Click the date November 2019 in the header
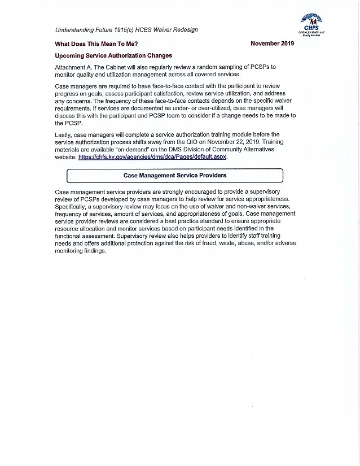272,43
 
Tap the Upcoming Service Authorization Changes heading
113,55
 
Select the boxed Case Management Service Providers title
175,176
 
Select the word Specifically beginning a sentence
73,207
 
